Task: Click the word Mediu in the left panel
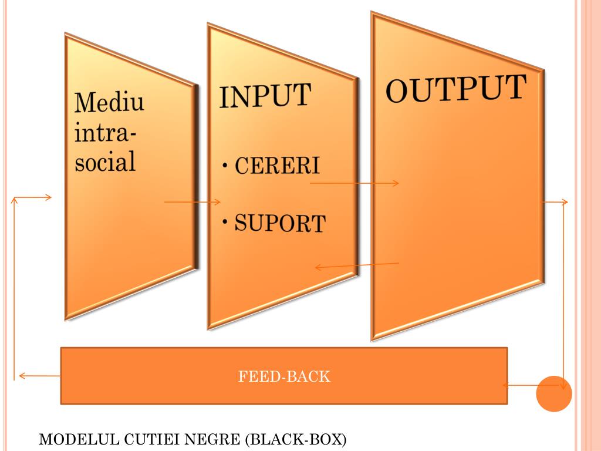point(109,103)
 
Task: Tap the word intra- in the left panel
point(102,133)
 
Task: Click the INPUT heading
point(264,96)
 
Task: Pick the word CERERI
point(278,166)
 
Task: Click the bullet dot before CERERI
point(225,166)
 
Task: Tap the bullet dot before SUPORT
point(225,223)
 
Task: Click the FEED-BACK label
point(284,376)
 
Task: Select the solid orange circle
point(553,393)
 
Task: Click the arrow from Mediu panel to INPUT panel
point(193,202)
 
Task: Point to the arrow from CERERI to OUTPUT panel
point(354,183)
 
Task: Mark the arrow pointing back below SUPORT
point(357,266)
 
